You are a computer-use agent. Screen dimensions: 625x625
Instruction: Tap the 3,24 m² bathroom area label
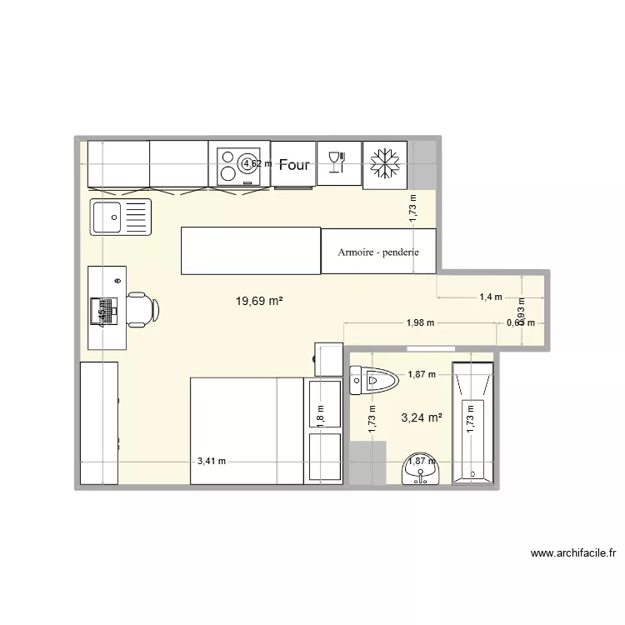coord(421,419)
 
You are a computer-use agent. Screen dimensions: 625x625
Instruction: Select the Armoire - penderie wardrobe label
coord(377,252)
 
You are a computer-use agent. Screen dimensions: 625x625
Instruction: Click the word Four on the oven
coord(294,165)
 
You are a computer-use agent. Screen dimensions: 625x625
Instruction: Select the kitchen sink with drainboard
coord(121,218)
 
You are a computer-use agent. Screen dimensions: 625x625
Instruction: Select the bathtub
coord(472,422)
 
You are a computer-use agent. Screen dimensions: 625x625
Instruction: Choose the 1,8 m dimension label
coord(319,412)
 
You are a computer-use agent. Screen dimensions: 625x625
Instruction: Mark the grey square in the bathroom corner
coord(367,463)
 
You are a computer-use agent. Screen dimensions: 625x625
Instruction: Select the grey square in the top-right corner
coord(422,165)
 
